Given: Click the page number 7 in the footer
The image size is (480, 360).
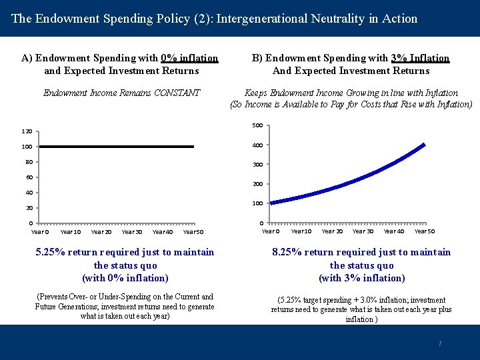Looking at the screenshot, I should [439, 344].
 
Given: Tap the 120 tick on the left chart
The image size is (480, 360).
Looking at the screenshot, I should [27, 132].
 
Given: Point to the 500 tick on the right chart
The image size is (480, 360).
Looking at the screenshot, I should [257, 125].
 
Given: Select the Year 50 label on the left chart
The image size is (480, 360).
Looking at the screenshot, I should [193, 232].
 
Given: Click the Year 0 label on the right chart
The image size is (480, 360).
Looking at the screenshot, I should [270, 231].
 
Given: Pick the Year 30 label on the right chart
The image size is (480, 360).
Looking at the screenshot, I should [363, 231].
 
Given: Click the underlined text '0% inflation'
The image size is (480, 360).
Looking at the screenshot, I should [189, 58].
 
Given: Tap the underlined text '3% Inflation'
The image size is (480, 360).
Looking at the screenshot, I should [421, 58].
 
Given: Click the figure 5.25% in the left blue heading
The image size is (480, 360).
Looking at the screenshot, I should [55, 252].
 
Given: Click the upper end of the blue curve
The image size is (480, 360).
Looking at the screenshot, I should [423, 144].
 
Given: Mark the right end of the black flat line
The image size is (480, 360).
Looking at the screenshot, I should [193, 146].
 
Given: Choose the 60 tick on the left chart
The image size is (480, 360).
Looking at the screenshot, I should [29, 177].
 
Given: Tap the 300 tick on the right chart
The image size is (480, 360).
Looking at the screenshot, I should [257, 164].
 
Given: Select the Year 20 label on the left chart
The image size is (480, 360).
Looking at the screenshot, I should [101, 232].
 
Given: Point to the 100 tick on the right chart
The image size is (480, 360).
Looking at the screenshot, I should [257, 203].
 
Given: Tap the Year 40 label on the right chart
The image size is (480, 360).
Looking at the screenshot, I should [393, 231].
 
